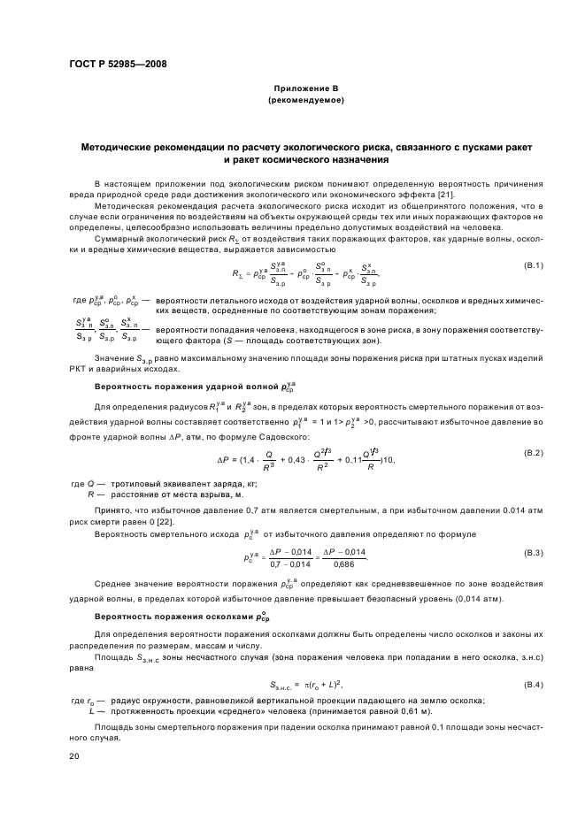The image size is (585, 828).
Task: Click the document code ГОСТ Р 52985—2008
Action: [x=119, y=64]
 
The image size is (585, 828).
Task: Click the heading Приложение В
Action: [x=305, y=90]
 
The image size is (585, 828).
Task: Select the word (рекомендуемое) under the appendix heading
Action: [x=305, y=101]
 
